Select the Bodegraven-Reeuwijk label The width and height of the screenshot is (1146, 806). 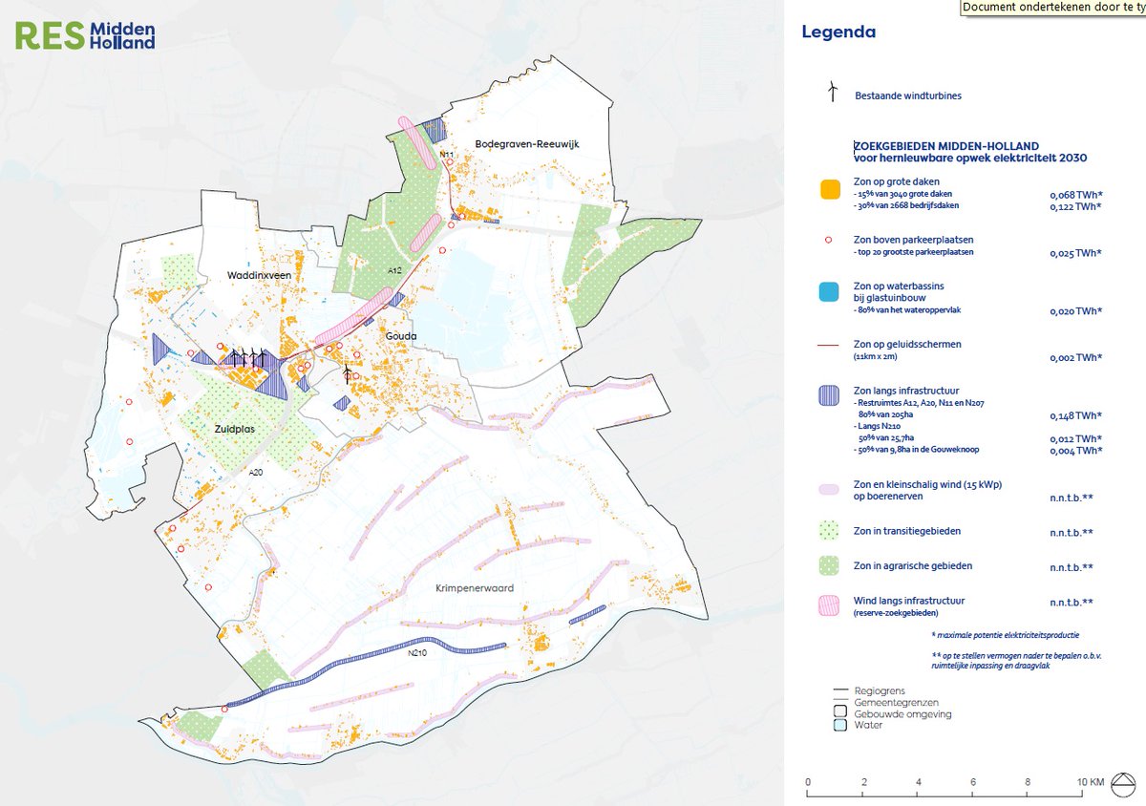527,144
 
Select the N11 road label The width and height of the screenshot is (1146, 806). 445,155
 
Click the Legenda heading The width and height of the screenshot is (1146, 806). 838,32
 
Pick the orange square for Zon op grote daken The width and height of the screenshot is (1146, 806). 829,188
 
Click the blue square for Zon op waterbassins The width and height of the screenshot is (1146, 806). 829,291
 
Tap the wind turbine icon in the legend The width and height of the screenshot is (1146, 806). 833,91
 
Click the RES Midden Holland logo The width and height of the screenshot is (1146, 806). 84,36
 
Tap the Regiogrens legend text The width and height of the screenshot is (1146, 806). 879,689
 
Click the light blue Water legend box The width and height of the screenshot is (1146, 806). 840,725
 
